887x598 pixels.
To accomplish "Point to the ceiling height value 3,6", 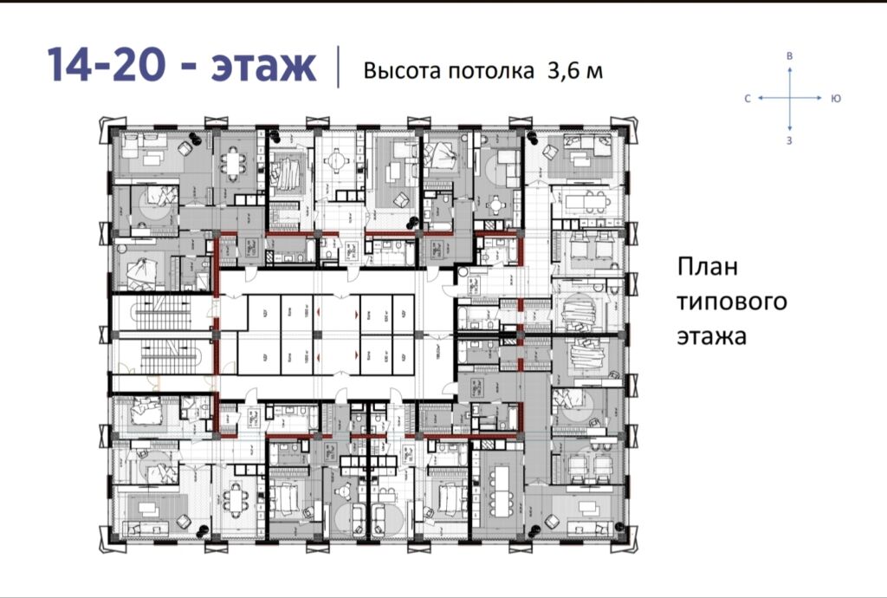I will (x=563, y=71).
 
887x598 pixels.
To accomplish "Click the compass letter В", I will (x=789, y=55).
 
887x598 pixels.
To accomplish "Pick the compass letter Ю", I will (x=835, y=99).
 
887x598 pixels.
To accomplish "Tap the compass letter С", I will (x=747, y=99).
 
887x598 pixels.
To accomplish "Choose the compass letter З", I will (x=789, y=140).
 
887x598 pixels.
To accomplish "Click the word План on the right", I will (x=708, y=268).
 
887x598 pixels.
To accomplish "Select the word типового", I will (x=732, y=302).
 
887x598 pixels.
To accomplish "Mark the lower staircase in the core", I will (x=163, y=354).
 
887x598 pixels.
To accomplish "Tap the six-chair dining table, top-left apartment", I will (x=232, y=162).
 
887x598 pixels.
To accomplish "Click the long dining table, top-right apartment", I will (x=586, y=201).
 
